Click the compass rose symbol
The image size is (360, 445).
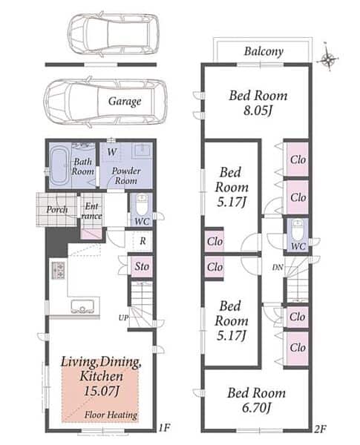click(x=329, y=59)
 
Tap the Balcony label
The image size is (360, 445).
click(x=264, y=52)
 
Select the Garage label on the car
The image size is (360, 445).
click(x=125, y=102)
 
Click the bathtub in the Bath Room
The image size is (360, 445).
click(x=59, y=166)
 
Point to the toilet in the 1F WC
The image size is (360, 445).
click(x=142, y=205)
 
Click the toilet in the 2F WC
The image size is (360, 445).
click(x=298, y=231)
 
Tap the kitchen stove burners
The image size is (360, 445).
click(x=59, y=270)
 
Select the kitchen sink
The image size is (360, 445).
click(x=82, y=307)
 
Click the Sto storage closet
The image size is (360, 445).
click(x=141, y=266)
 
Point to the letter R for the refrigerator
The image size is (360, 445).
click(x=143, y=241)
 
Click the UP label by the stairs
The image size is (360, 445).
click(x=123, y=318)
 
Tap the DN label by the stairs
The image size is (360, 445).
click(x=278, y=267)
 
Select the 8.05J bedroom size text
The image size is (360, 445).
click(x=258, y=111)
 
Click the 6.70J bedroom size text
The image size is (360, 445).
click(x=256, y=408)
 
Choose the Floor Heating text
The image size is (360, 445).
click(x=111, y=415)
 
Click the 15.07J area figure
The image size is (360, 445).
click(x=101, y=391)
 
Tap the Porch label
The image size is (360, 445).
click(x=57, y=210)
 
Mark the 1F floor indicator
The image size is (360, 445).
click(x=164, y=428)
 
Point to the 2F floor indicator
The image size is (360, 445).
click(x=320, y=429)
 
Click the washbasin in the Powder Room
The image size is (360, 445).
click(x=143, y=149)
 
